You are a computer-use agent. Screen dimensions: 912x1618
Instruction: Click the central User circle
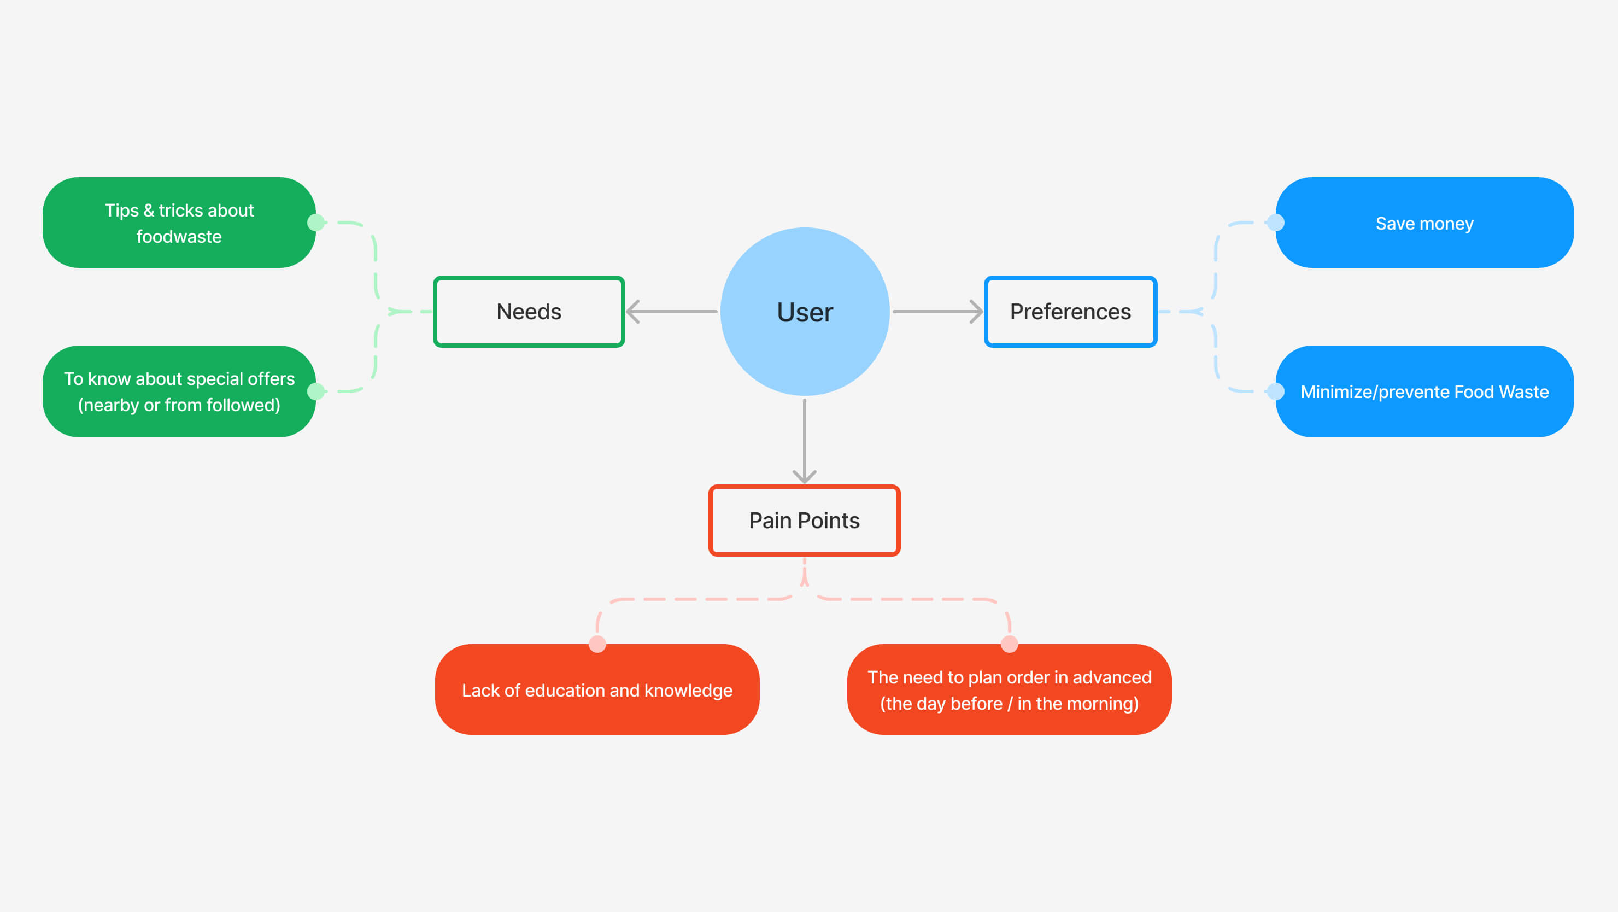[805, 312]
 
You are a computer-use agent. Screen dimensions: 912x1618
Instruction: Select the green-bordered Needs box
[529, 312]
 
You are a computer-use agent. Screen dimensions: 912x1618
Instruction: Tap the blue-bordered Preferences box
[1070, 312]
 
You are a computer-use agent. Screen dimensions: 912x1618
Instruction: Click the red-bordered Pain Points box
[804, 520]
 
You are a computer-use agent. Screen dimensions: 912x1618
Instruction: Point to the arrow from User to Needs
[672, 312]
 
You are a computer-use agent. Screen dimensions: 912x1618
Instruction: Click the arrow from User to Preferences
[937, 312]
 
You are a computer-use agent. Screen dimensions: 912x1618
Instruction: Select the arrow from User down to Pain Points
[805, 440]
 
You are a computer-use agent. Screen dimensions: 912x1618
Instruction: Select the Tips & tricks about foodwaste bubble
[179, 223]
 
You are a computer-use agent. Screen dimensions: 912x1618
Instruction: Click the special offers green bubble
[179, 391]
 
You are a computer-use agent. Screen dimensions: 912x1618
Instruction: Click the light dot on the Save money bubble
[1276, 223]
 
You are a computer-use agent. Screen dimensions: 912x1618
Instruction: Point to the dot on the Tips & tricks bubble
[316, 223]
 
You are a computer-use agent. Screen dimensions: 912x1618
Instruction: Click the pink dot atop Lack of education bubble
[597, 644]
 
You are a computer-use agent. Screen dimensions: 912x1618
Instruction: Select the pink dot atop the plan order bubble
[1010, 644]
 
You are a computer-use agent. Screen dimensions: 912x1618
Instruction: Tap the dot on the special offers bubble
[316, 391]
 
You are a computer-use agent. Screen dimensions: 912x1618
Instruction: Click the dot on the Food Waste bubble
[1276, 391]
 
